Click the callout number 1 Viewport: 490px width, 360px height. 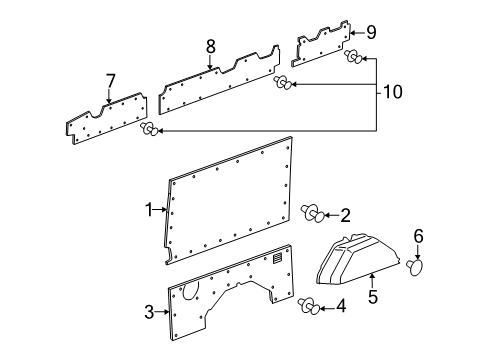[x=150, y=212]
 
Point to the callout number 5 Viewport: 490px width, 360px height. [x=372, y=296]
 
